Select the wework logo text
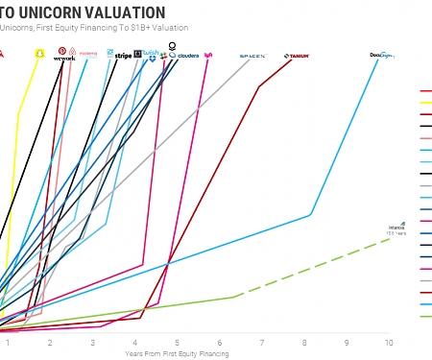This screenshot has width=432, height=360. pyautogui.click(x=63, y=58)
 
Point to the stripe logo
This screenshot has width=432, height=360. pyautogui.click(x=123, y=56)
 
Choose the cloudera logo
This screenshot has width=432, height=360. pyautogui.click(x=188, y=56)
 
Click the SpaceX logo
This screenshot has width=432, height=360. pyautogui.click(x=252, y=56)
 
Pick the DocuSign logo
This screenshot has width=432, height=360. pyautogui.click(x=383, y=56)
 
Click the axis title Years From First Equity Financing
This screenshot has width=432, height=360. pyautogui.click(x=177, y=353)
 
